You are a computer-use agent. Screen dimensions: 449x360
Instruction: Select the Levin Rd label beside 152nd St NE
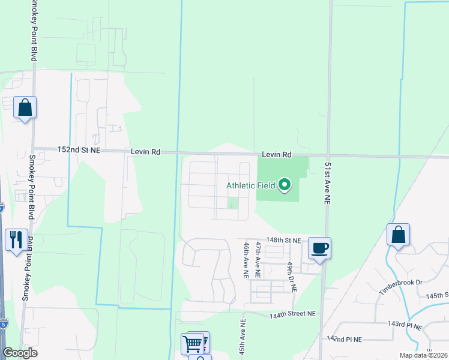click(x=146, y=152)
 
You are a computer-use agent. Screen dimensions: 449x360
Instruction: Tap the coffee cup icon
click(x=319, y=247)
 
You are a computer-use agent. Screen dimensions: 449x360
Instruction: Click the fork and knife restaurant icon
click(x=16, y=239)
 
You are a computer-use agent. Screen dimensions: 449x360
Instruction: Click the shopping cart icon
click(x=193, y=344)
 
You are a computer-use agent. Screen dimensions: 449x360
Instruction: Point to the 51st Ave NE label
click(x=328, y=184)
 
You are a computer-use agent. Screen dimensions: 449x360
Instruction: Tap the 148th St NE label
click(x=283, y=240)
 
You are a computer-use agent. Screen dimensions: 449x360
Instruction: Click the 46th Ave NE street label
click(x=246, y=260)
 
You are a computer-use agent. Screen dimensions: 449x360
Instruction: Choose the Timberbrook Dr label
click(x=401, y=287)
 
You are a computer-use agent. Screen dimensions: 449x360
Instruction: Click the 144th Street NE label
click(x=292, y=314)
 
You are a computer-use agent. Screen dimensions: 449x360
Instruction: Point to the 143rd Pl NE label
click(x=405, y=325)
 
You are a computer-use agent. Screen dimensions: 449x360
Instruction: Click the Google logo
click(x=20, y=353)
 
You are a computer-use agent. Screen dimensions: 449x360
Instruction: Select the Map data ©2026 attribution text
click(x=423, y=355)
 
